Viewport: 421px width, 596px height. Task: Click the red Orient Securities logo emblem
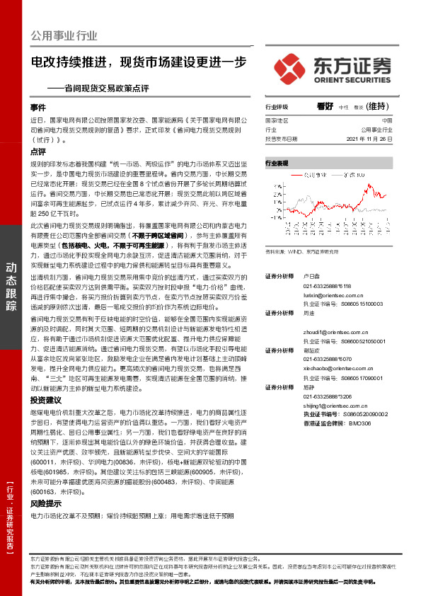[x=291, y=68]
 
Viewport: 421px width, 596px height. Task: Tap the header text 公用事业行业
[x=64, y=36]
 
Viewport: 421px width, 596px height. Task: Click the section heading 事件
[x=38, y=108]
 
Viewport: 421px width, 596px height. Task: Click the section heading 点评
[x=38, y=151]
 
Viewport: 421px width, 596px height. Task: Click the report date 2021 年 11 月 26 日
[x=369, y=139]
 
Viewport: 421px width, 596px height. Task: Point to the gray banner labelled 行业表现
[x=330, y=163]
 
